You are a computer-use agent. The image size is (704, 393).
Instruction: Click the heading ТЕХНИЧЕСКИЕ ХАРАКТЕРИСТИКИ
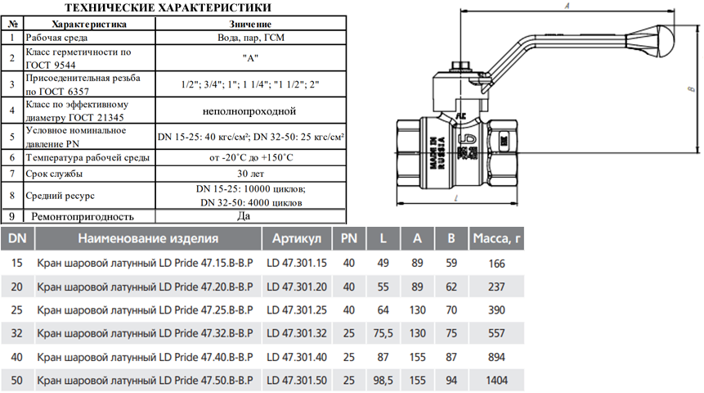click(168, 7)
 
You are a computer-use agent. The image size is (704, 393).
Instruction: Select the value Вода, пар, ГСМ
click(251, 38)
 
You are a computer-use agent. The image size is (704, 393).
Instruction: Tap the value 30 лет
click(250, 174)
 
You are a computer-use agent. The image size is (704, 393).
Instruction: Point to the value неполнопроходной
click(249, 111)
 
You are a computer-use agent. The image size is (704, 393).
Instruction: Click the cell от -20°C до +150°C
click(251, 157)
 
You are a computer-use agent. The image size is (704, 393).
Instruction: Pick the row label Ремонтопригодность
click(83, 217)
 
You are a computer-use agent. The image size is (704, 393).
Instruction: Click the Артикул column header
click(297, 238)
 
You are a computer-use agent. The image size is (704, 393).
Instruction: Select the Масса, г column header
click(496, 238)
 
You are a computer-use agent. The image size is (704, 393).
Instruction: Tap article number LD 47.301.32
click(297, 334)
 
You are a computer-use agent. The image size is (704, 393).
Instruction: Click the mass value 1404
click(496, 381)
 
